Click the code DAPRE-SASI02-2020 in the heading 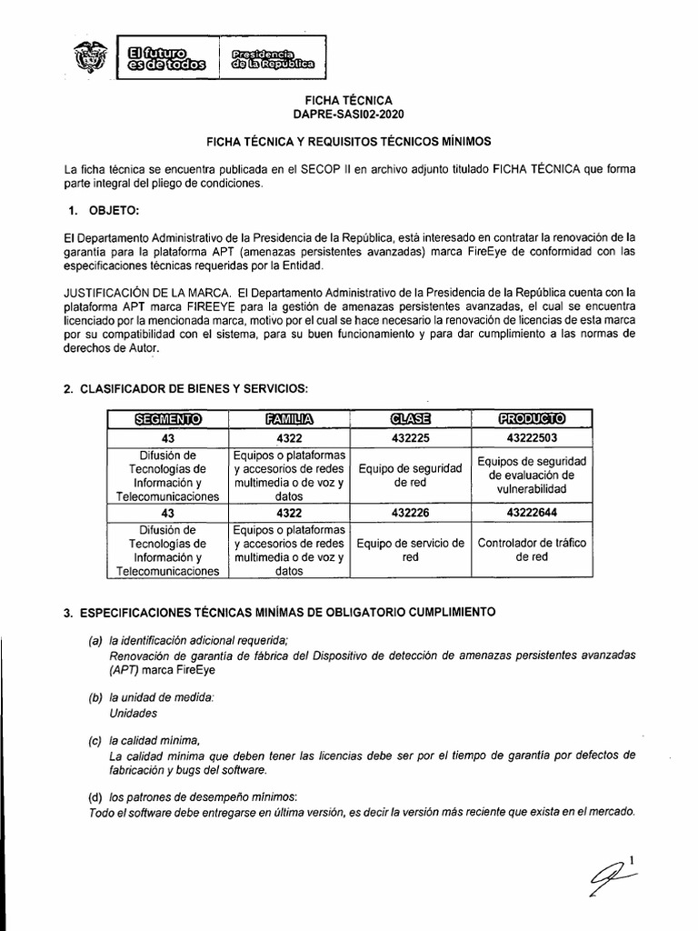tap(349, 115)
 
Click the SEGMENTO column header tap(166, 418)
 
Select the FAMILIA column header tap(288, 418)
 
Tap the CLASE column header tap(410, 418)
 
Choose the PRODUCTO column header tap(532, 418)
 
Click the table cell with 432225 tap(410, 437)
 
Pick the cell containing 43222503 tap(532, 437)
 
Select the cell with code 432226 tap(410, 514)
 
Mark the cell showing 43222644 tap(532, 514)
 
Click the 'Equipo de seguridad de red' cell tap(410, 476)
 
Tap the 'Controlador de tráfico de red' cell tap(532, 550)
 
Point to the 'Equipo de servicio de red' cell tap(410, 550)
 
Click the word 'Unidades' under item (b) tap(133, 714)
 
